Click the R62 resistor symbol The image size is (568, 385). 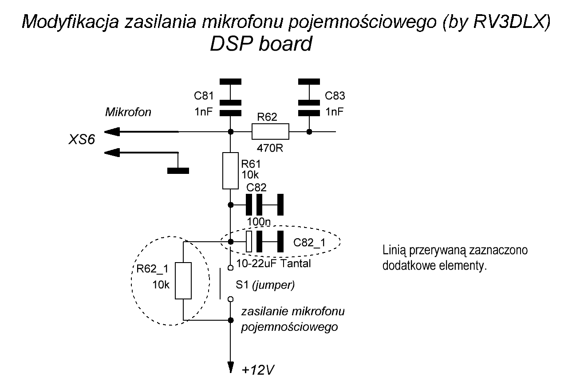270,132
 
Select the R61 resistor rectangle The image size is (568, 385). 230,171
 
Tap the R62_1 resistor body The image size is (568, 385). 183,281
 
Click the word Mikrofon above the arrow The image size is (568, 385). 128,112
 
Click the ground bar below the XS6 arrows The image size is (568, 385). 177,170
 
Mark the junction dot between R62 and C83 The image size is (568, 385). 309,132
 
